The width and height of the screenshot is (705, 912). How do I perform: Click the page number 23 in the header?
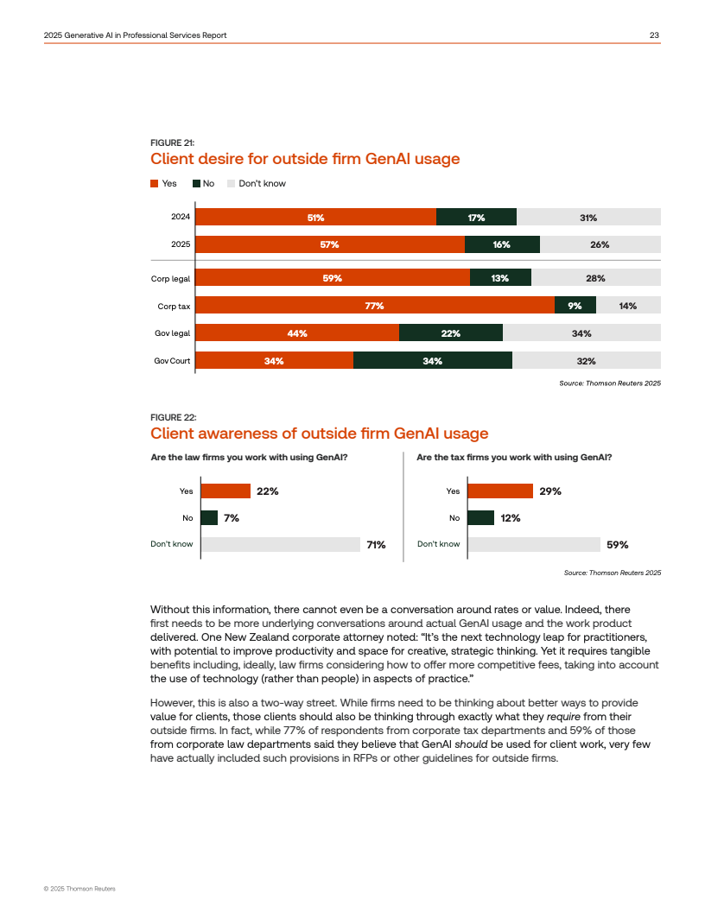[655, 35]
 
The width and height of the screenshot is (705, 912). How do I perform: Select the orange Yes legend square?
[155, 183]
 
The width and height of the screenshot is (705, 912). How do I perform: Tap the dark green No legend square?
[196, 183]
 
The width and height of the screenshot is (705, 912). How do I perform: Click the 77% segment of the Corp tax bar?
[374, 306]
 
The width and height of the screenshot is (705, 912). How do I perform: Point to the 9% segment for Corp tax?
[575, 306]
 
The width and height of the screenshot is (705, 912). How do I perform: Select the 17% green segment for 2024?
[476, 218]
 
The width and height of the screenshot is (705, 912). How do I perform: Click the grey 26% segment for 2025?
[600, 244]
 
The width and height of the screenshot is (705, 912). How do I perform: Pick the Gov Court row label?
[172, 361]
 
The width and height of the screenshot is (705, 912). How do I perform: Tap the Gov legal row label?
[173, 333]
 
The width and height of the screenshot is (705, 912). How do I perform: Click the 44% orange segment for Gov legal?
[297, 333]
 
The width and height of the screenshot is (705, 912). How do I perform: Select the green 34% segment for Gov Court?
[433, 361]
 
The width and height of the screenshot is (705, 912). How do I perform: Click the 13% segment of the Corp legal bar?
[500, 278]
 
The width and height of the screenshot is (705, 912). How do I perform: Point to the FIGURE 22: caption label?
[172, 417]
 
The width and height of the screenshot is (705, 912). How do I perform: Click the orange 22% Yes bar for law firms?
[225, 491]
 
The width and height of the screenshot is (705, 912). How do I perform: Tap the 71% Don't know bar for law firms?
[281, 544]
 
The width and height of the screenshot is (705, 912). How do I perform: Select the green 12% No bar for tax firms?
[480, 518]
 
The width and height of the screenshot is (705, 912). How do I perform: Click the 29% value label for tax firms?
[550, 491]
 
